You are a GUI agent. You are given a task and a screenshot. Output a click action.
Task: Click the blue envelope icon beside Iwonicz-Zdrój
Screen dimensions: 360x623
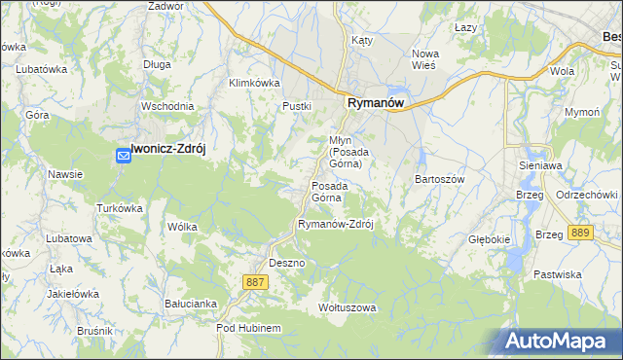tap(124, 155)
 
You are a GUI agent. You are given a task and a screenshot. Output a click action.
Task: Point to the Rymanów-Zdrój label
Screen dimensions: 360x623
tap(336, 223)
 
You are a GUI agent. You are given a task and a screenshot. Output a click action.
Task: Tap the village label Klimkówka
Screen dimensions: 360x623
tap(254, 83)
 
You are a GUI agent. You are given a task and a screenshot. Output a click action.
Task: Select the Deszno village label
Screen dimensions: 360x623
tap(287, 263)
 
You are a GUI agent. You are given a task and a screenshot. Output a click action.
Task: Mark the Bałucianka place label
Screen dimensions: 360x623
tap(190, 303)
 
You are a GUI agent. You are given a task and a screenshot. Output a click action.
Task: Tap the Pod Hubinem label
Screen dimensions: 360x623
tap(248, 328)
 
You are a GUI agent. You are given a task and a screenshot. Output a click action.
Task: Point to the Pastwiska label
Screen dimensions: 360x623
tap(557, 274)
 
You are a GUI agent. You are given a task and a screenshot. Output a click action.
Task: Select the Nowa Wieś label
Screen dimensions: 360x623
tap(424, 59)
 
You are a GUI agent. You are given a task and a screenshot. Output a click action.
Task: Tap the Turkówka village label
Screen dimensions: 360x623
tap(120, 208)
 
